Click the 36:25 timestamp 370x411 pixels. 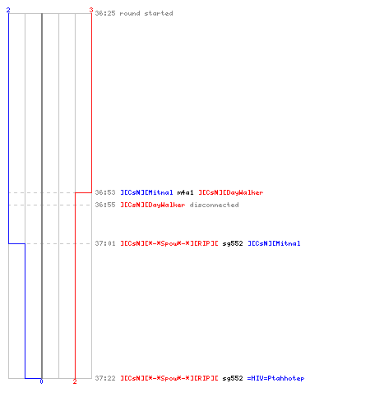click(x=105, y=13)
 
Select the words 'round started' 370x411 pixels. click(x=146, y=13)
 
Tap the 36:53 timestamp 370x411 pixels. click(x=105, y=192)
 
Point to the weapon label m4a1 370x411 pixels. click(x=185, y=192)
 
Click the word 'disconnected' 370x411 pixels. click(x=214, y=205)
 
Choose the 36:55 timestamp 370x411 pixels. click(x=105, y=205)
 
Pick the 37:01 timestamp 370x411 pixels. click(x=105, y=243)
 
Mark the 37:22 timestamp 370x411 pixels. click(x=105, y=378)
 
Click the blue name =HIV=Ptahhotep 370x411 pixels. click(x=275, y=378)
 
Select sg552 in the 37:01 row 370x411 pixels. click(x=233, y=243)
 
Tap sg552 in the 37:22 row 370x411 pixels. click(x=233, y=378)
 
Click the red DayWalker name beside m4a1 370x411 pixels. click(x=231, y=192)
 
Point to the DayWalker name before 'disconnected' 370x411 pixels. click(x=153, y=205)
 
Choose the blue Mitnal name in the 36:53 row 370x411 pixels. click(x=146, y=192)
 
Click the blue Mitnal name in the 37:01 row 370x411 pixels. click(x=274, y=243)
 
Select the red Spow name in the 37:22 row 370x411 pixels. click(x=169, y=378)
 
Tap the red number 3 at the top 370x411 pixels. click(x=91, y=10)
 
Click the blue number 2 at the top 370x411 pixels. click(x=8, y=10)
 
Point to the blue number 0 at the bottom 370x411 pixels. click(x=41, y=381)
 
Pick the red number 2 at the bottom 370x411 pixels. click(x=75, y=381)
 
